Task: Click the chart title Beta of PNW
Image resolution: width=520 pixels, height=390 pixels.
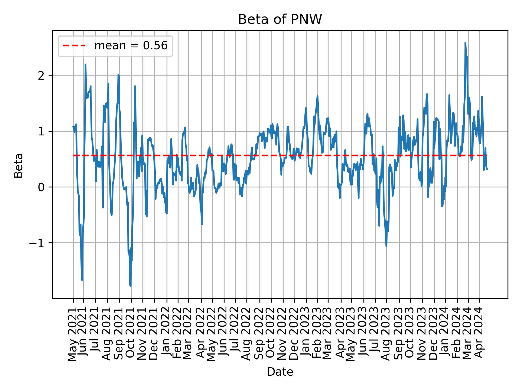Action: pos(280,19)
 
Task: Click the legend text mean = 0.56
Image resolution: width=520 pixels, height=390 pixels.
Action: pos(131,46)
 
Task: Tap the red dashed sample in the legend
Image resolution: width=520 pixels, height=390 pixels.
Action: pos(74,46)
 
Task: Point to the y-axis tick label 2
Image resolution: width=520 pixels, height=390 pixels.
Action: pos(41,75)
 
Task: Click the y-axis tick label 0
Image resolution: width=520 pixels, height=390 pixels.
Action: pos(41,187)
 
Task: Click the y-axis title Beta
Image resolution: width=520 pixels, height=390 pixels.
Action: pos(18,165)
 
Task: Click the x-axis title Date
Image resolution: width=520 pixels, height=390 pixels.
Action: pos(280,372)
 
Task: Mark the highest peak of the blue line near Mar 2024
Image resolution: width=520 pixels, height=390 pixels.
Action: pos(465,43)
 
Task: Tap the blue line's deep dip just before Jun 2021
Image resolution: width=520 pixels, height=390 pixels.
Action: pos(82,280)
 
